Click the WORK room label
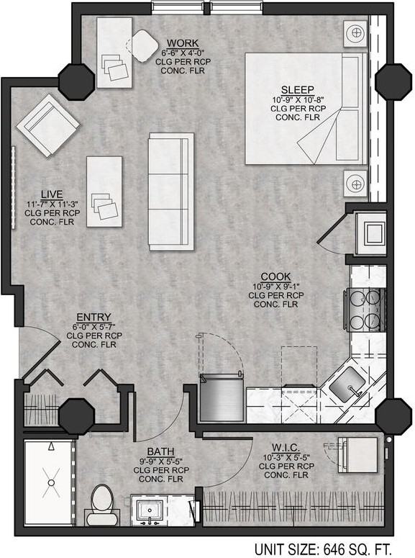[182, 43]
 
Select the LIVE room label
[51, 194]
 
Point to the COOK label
[275, 276]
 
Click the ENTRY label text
[94, 316]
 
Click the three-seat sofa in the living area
[171, 191]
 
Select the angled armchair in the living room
[48, 122]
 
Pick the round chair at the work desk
[145, 45]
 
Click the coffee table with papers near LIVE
[105, 192]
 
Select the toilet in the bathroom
[101, 502]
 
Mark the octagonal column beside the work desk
[75, 81]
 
